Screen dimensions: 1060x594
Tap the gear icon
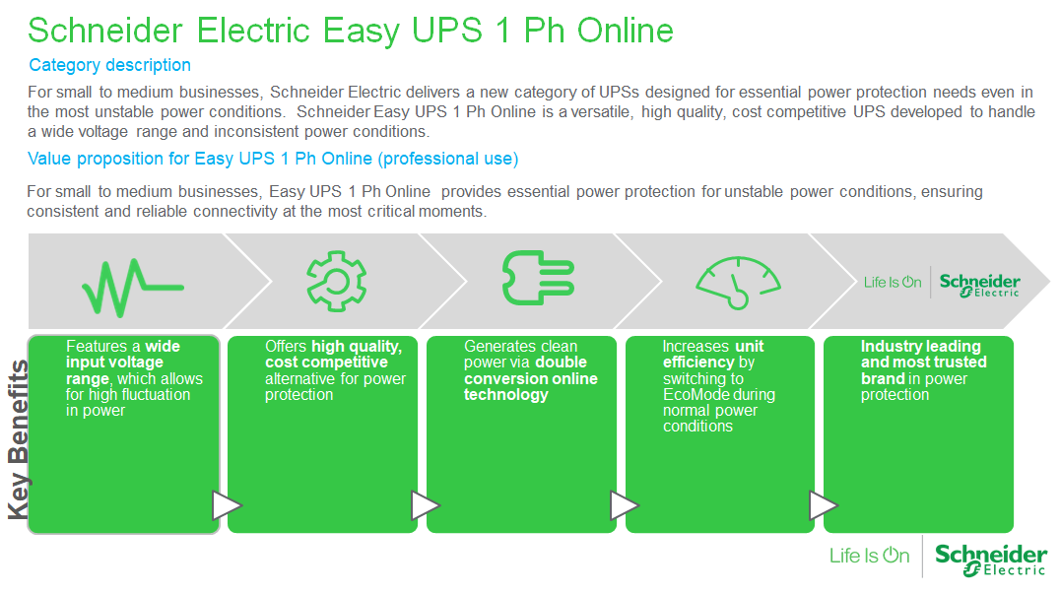[337, 281]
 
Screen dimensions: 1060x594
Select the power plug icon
[538, 278]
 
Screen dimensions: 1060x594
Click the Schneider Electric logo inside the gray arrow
[979, 285]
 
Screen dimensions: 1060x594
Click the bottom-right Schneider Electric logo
[991, 561]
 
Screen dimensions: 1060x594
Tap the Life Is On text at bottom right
[869, 556]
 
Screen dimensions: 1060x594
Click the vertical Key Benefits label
[19, 440]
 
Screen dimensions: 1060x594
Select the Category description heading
[109, 65]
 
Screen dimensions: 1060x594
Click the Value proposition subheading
[273, 159]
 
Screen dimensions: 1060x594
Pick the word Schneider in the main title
[105, 31]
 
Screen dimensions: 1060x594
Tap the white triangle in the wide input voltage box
[227, 505]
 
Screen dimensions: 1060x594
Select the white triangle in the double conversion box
[624, 505]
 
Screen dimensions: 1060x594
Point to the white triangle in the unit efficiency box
[823, 505]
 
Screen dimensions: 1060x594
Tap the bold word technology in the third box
[505, 395]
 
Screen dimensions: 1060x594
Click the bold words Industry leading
[921, 347]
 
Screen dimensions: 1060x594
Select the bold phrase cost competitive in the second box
[326, 363]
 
